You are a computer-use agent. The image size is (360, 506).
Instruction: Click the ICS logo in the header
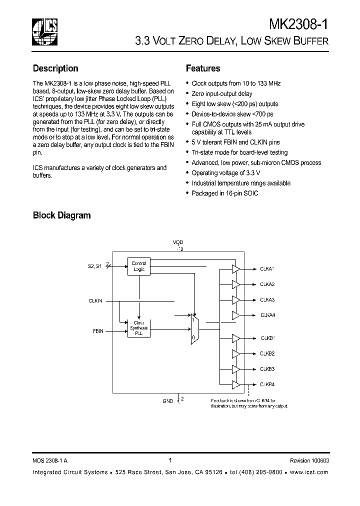click(44, 30)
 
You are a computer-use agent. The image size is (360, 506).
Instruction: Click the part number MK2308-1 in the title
click(298, 24)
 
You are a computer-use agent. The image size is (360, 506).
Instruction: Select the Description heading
click(55, 68)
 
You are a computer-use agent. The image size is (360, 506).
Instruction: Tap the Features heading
click(203, 68)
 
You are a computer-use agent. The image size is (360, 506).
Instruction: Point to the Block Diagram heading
click(61, 215)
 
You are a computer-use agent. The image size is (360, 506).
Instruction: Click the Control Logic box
click(138, 266)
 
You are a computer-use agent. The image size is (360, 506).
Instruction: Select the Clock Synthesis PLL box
click(138, 328)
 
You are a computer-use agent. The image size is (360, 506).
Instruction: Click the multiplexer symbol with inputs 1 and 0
click(194, 328)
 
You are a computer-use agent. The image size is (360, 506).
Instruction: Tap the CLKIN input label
click(95, 301)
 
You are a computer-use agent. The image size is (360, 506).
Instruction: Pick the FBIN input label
click(98, 331)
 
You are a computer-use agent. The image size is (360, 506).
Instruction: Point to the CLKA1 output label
click(267, 269)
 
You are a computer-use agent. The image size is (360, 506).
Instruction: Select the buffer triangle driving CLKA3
click(235, 299)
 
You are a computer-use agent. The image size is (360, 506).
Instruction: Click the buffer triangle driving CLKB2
click(235, 354)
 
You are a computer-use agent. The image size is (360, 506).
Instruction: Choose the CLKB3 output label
click(267, 369)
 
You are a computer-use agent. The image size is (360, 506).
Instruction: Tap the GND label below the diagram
click(167, 401)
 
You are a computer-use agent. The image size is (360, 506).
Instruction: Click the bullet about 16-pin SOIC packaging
click(225, 193)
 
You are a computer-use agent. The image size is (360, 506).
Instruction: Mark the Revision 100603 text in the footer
click(309, 460)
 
